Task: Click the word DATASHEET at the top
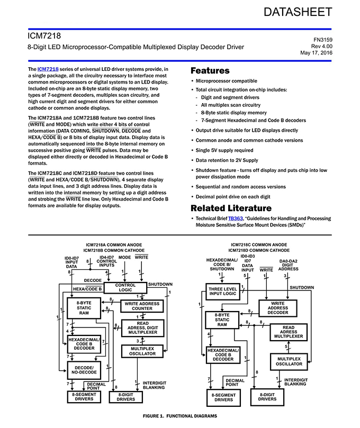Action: click(298, 12)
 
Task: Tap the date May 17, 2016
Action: click(316, 53)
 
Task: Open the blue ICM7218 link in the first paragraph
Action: click(48, 69)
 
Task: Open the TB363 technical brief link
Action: click(236, 218)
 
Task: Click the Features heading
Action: click(210, 70)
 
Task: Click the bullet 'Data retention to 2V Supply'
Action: click(227, 160)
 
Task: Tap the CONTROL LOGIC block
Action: click(125, 287)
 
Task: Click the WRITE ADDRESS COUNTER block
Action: click(142, 306)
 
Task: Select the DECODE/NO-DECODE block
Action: click(84, 369)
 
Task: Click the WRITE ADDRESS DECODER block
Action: click(277, 308)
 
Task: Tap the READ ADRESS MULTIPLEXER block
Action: click(289, 332)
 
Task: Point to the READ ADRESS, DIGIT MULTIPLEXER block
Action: click(142, 329)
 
